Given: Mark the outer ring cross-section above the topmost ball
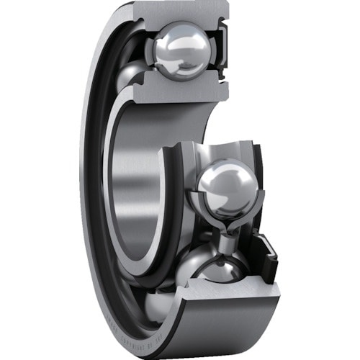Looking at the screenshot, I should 180,14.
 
